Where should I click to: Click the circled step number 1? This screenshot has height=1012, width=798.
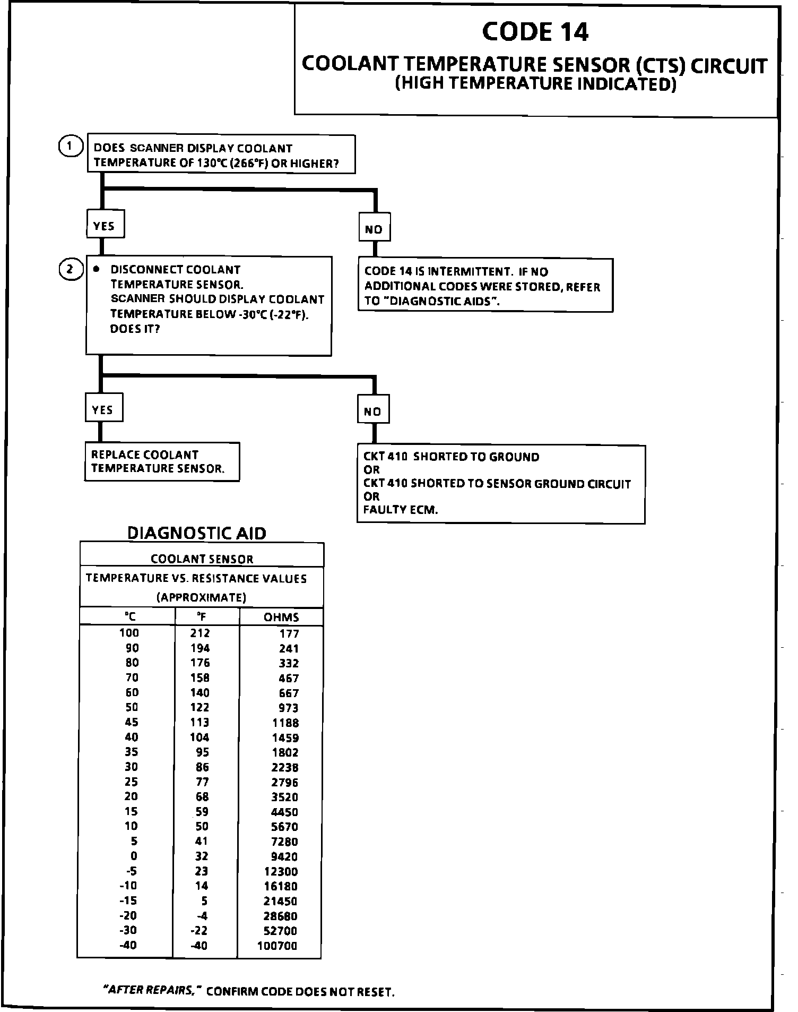70,146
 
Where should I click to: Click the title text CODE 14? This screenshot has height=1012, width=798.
535,32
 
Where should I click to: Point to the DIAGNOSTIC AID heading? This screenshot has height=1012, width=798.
197,533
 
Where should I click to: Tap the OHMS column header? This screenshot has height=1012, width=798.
281,617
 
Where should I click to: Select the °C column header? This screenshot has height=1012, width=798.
130,616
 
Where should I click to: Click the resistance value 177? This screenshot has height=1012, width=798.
289,633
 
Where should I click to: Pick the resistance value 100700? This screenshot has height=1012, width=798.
277,946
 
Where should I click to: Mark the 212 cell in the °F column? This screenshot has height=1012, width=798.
200,633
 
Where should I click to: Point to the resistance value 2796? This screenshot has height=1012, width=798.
285,782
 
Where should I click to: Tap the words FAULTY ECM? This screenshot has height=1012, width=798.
401,510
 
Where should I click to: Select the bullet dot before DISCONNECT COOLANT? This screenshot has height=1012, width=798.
96,269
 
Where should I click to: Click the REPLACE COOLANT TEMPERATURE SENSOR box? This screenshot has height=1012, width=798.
162,461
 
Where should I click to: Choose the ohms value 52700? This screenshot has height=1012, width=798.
281,931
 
